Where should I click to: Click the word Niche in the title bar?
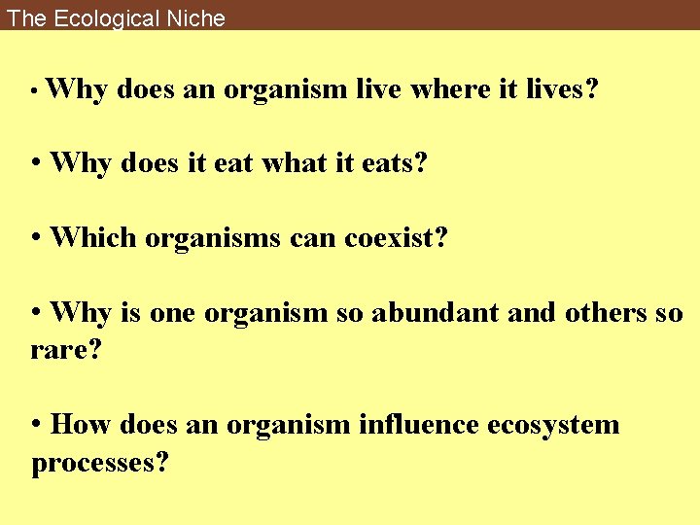(192, 18)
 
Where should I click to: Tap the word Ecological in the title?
(100, 18)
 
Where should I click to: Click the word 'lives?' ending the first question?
(562, 90)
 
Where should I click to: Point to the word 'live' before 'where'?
(380, 90)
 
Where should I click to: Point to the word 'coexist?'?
(396, 236)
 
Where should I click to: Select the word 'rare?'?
(66, 349)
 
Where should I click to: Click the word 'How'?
(77, 425)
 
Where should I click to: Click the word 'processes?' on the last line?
(100, 463)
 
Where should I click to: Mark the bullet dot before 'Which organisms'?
(36, 237)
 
